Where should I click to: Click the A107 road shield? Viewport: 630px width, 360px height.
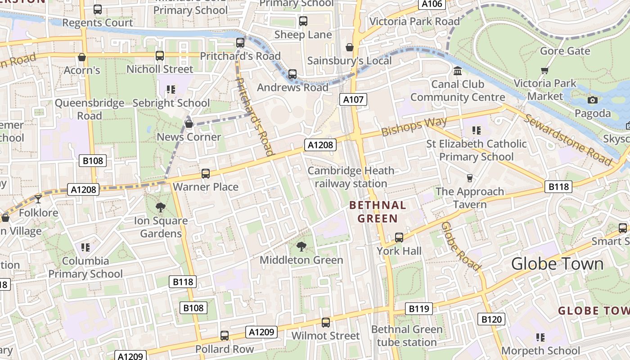point(353,99)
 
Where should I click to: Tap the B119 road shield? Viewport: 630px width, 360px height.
point(418,309)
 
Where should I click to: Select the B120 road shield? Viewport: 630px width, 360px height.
point(491,319)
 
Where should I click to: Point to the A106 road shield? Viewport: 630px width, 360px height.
point(432,4)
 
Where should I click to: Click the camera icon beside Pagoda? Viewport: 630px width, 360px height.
point(593,100)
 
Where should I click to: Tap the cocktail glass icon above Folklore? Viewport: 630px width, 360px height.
point(38,199)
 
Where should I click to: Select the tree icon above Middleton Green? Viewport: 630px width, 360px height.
point(301,246)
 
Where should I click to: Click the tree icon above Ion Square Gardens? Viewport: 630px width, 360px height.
point(160,207)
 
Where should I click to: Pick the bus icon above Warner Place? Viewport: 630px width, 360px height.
point(206,173)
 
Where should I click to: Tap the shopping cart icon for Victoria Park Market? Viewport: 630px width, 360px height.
point(544,70)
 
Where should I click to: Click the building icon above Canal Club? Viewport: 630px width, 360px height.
point(458,71)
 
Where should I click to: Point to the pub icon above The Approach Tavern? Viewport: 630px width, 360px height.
point(469,178)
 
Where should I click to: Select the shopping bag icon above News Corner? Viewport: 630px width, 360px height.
point(189,124)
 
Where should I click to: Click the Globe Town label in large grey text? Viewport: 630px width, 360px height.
point(557,264)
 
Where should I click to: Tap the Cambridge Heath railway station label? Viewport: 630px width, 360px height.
point(351,177)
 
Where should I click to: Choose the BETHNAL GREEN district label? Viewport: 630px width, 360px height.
point(378,212)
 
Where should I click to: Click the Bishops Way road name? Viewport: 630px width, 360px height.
point(414,126)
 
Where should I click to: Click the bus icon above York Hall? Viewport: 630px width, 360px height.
point(399,237)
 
